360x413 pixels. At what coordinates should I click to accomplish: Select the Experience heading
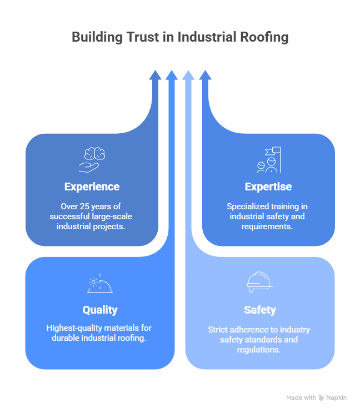(x=92, y=187)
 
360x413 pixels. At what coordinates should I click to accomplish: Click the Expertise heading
(x=268, y=187)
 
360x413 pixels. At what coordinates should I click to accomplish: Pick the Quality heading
(x=100, y=310)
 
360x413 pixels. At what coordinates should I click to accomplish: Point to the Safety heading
(x=259, y=310)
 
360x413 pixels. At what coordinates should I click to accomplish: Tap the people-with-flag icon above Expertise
(x=268, y=159)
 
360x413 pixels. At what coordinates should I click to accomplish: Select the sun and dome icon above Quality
(x=100, y=284)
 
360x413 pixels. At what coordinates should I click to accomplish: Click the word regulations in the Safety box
(x=259, y=350)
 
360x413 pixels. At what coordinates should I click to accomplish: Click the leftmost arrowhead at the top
(x=155, y=75)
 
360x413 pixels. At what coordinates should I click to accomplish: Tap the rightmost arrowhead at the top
(x=205, y=75)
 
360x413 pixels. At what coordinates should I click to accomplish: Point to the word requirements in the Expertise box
(x=268, y=226)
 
